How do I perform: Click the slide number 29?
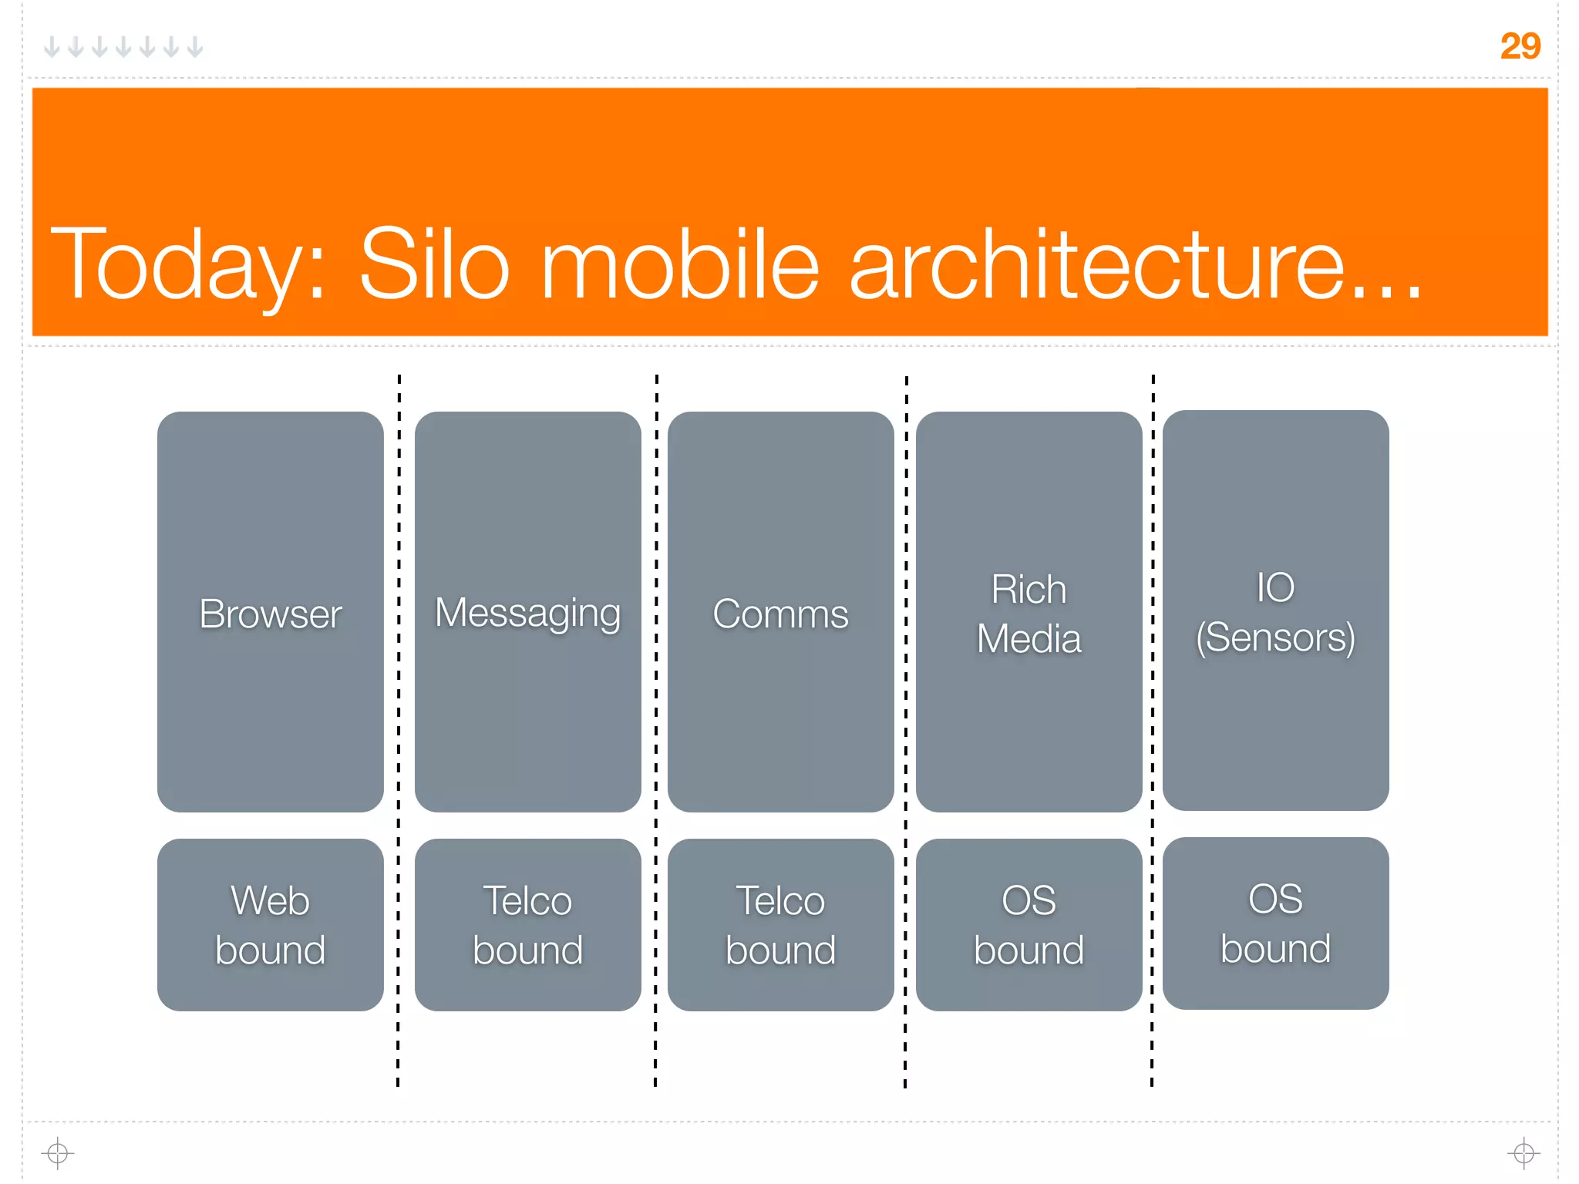[x=1520, y=46]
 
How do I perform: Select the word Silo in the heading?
[x=434, y=264]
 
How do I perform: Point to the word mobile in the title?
[x=679, y=264]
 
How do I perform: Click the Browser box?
[x=271, y=611]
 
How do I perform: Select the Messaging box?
[x=528, y=611]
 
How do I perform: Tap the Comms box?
[x=780, y=611]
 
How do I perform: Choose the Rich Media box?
[x=1029, y=611]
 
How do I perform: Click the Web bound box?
[x=271, y=924]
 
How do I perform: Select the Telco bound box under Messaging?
[x=528, y=924]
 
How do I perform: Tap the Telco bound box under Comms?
[x=780, y=924]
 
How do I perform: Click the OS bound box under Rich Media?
[x=1029, y=924]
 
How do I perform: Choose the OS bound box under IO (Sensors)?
[x=1275, y=923]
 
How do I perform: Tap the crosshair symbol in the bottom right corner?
[x=1523, y=1153]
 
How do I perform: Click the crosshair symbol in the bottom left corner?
[x=58, y=1153]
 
